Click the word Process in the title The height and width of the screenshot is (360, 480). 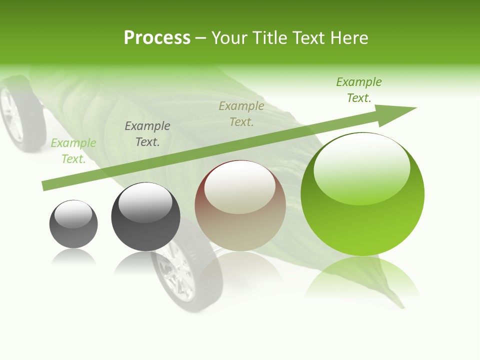157,38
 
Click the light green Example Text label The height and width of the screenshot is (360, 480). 73,151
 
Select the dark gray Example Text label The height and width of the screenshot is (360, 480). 147,134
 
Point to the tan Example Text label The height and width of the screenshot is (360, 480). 241,114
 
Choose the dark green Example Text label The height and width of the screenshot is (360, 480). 359,90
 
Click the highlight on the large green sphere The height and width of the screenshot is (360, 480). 362,169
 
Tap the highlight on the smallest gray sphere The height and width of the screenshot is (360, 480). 73,214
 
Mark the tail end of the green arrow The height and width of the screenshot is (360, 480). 46,186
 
